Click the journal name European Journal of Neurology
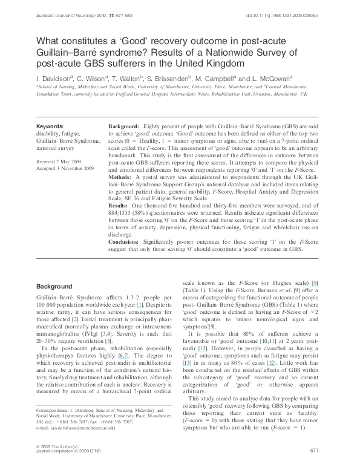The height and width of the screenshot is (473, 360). pos(55,7)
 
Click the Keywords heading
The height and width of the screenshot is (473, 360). pos(50,122)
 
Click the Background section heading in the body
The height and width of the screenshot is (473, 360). pos(54,286)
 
